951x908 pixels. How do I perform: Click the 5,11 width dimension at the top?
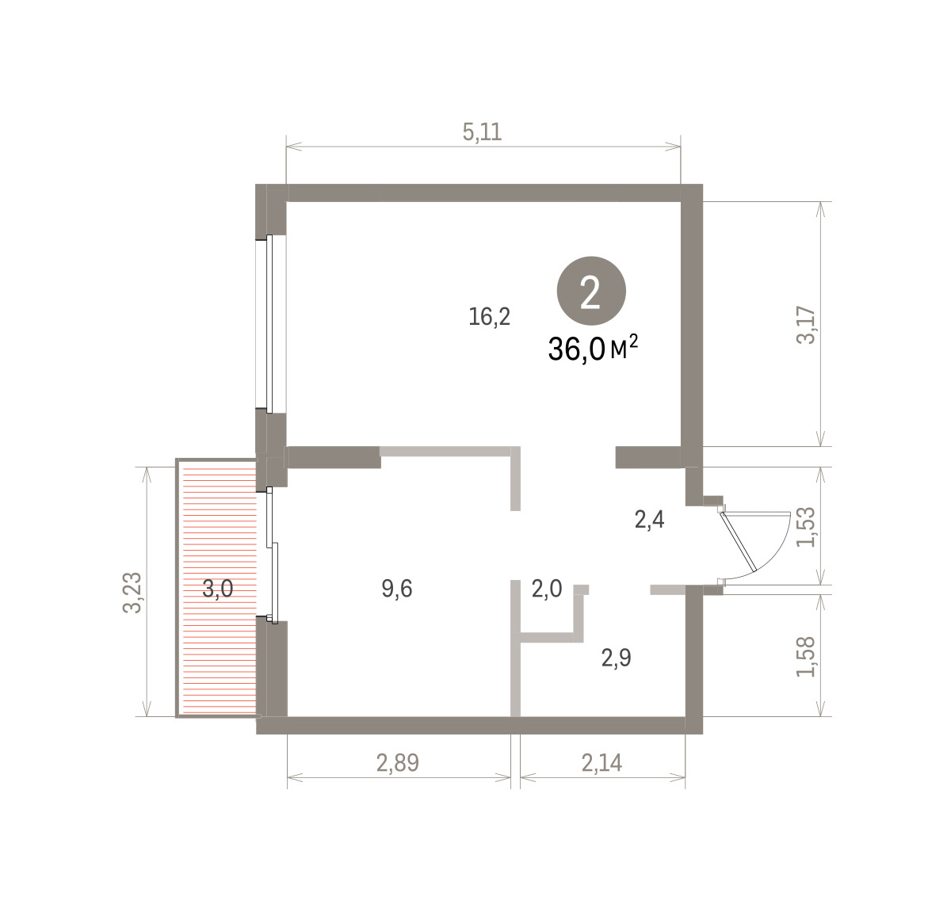(482, 132)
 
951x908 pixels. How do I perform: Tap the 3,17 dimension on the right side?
(806, 326)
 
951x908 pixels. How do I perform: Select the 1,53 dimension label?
(806, 527)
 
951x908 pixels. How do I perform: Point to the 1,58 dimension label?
(806, 657)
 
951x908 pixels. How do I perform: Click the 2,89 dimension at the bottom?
(398, 763)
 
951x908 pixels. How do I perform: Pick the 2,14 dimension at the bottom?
(602, 763)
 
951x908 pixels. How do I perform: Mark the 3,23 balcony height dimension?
(132, 593)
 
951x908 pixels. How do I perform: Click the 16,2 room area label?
(489, 317)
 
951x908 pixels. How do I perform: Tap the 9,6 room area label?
(397, 589)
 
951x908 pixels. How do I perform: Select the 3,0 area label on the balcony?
(217, 589)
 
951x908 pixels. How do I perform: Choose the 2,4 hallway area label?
(650, 520)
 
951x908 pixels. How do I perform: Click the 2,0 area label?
(547, 589)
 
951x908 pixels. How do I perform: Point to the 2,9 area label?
(617, 658)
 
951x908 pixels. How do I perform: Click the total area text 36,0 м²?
(593, 349)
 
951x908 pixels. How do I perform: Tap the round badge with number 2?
(591, 291)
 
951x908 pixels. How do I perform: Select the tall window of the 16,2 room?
(270, 324)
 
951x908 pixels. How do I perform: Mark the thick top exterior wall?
(479, 193)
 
